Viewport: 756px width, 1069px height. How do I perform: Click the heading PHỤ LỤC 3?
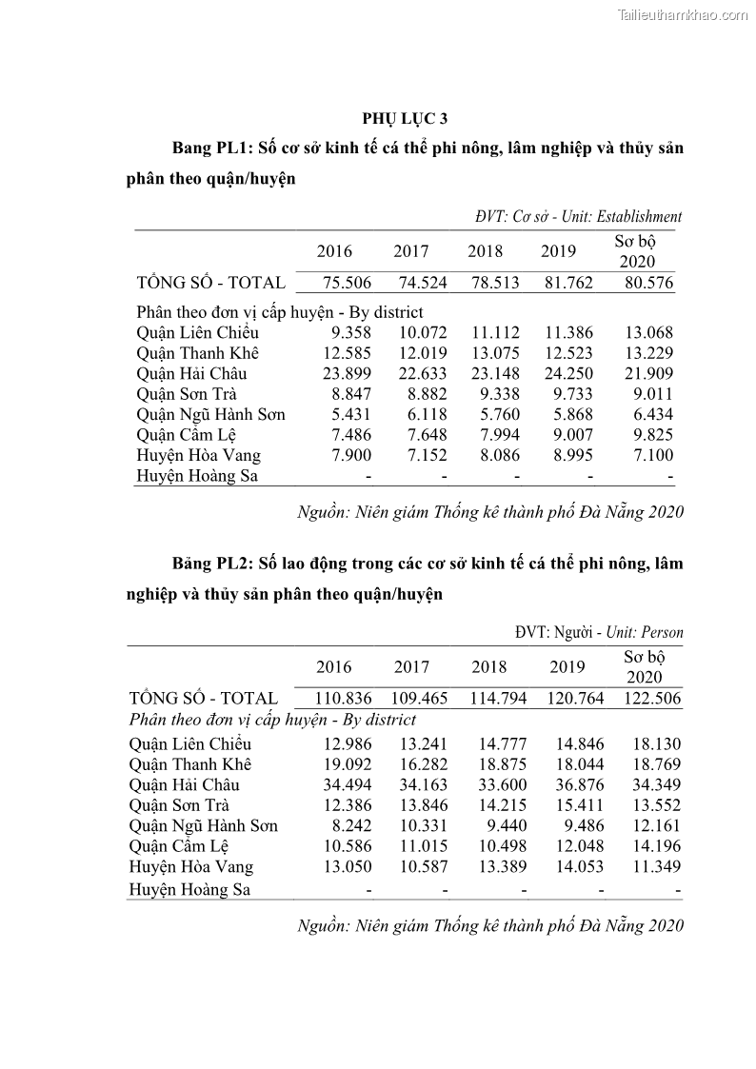point(405,118)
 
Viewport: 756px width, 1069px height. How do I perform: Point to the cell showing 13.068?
point(648,332)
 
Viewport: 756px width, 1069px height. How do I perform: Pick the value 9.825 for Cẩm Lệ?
point(652,434)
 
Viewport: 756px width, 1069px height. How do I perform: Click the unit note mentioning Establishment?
point(578,216)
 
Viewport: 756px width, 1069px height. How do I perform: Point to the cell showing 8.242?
point(348,825)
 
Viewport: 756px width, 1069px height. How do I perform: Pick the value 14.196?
point(648,845)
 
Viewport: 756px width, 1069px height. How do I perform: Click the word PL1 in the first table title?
point(231,148)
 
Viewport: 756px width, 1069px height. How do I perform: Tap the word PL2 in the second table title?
point(231,564)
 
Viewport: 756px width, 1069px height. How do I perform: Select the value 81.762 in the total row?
point(567,282)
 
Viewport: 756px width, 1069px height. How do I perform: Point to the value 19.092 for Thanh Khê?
point(344,764)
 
